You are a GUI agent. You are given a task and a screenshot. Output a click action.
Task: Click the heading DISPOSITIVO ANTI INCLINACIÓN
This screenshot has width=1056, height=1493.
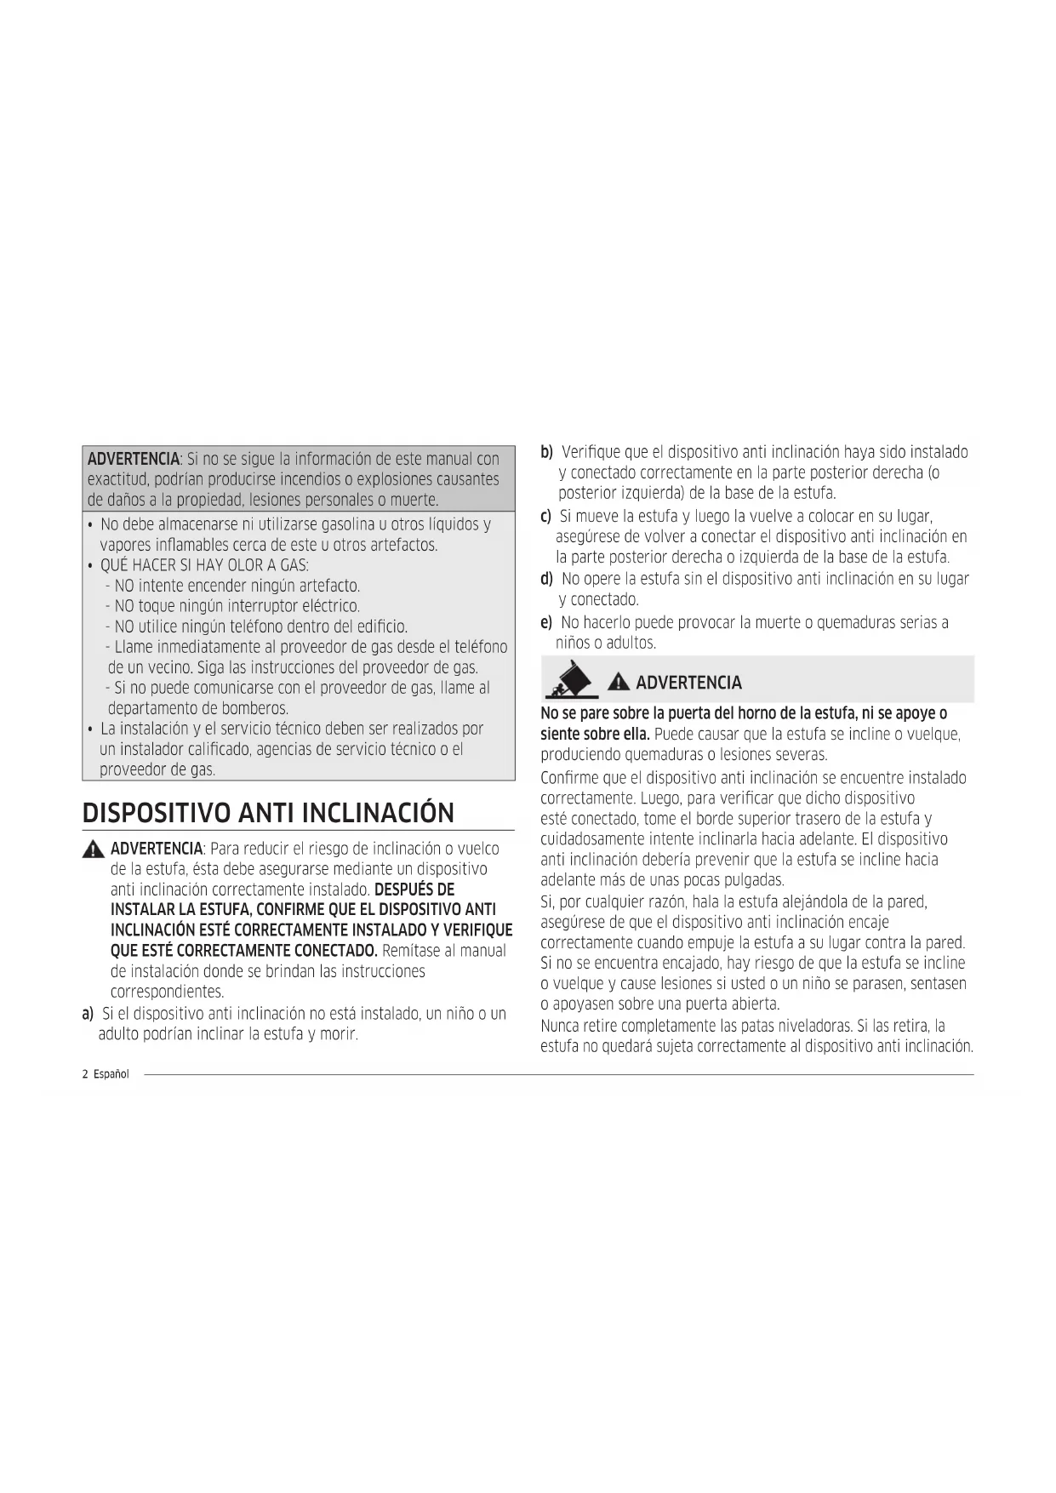[268, 813]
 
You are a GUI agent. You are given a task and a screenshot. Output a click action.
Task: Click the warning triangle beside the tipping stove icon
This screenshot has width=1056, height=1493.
[619, 683]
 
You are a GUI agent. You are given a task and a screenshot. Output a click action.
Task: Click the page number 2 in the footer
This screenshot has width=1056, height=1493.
[85, 1074]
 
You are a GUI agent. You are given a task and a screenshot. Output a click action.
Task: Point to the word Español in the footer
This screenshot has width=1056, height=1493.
[111, 1074]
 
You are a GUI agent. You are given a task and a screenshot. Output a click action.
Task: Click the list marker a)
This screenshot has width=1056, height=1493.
[88, 1014]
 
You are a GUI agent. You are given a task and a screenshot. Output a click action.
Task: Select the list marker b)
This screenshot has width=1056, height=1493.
[546, 451]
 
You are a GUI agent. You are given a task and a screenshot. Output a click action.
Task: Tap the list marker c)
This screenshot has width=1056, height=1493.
[545, 517]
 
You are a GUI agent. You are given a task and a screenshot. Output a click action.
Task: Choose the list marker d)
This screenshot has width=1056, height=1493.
[546, 580]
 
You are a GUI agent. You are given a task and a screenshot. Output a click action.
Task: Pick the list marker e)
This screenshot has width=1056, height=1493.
[545, 623]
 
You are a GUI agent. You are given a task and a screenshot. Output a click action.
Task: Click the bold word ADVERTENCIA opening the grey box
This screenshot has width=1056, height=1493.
[134, 460]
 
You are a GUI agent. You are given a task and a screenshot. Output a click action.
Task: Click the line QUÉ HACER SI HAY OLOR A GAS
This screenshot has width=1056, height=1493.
[203, 566]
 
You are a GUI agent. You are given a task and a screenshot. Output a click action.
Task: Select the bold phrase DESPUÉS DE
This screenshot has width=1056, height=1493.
[414, 890]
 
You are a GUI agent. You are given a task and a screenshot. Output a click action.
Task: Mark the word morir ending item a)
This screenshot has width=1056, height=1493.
[338, 1035]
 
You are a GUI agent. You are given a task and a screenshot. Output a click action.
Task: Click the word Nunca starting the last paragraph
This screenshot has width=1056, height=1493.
[558, 1026]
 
